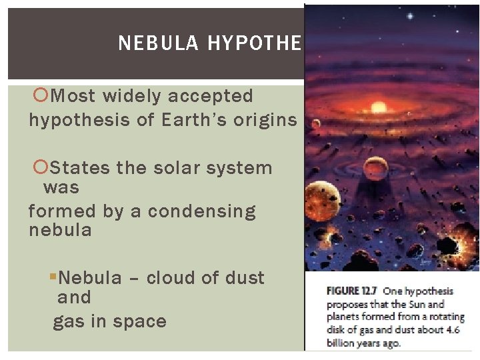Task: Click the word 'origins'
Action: click(x=267, y=120)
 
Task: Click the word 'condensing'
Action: click(x=201, y=211)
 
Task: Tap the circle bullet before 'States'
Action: click(x=39, y=168)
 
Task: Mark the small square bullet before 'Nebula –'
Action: click(x=55, y=277)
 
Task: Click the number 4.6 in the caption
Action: click(x=460, y=330)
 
